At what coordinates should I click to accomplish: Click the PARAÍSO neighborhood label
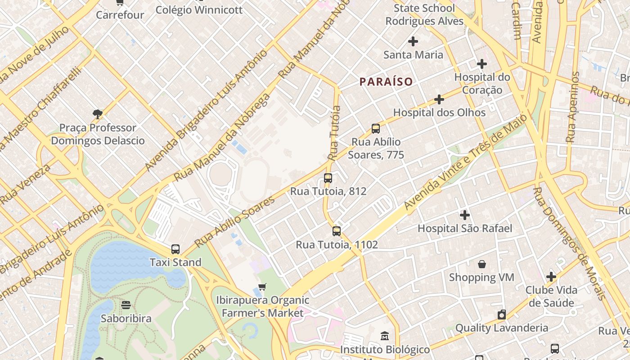(x=386, y=81)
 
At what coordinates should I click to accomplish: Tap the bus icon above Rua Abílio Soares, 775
(x=376, y=129)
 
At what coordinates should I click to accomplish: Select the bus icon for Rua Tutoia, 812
(x=328, y=178)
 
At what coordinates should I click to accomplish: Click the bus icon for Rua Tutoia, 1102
(x=336, y=231)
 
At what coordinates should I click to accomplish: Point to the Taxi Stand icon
(x=175, y=249)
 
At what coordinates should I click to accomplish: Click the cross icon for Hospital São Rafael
(x=464, y=215)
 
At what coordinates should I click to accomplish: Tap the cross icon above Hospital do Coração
(x=482, y=64)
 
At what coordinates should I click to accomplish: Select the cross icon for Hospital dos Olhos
(x=439, y=99)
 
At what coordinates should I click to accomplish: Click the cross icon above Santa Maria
(x=413, y=42)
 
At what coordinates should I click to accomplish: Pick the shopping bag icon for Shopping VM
(x=481, y=264)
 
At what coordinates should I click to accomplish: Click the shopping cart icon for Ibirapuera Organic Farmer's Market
(x=262, y=287)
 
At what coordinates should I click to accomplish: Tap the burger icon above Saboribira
(x=126, y=305)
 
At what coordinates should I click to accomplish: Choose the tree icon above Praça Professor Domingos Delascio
(x=97, y=114)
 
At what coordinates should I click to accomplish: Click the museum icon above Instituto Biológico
(x=385, y=336)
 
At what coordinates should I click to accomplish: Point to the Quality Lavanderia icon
(x=501, y=315)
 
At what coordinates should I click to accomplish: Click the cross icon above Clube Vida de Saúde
(x=551, y=277)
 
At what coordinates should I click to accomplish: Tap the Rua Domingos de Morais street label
(x=569, y=243)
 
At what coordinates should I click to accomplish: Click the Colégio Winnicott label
(x=199, y=10)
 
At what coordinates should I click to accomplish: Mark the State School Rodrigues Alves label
(x=424, y=15)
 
